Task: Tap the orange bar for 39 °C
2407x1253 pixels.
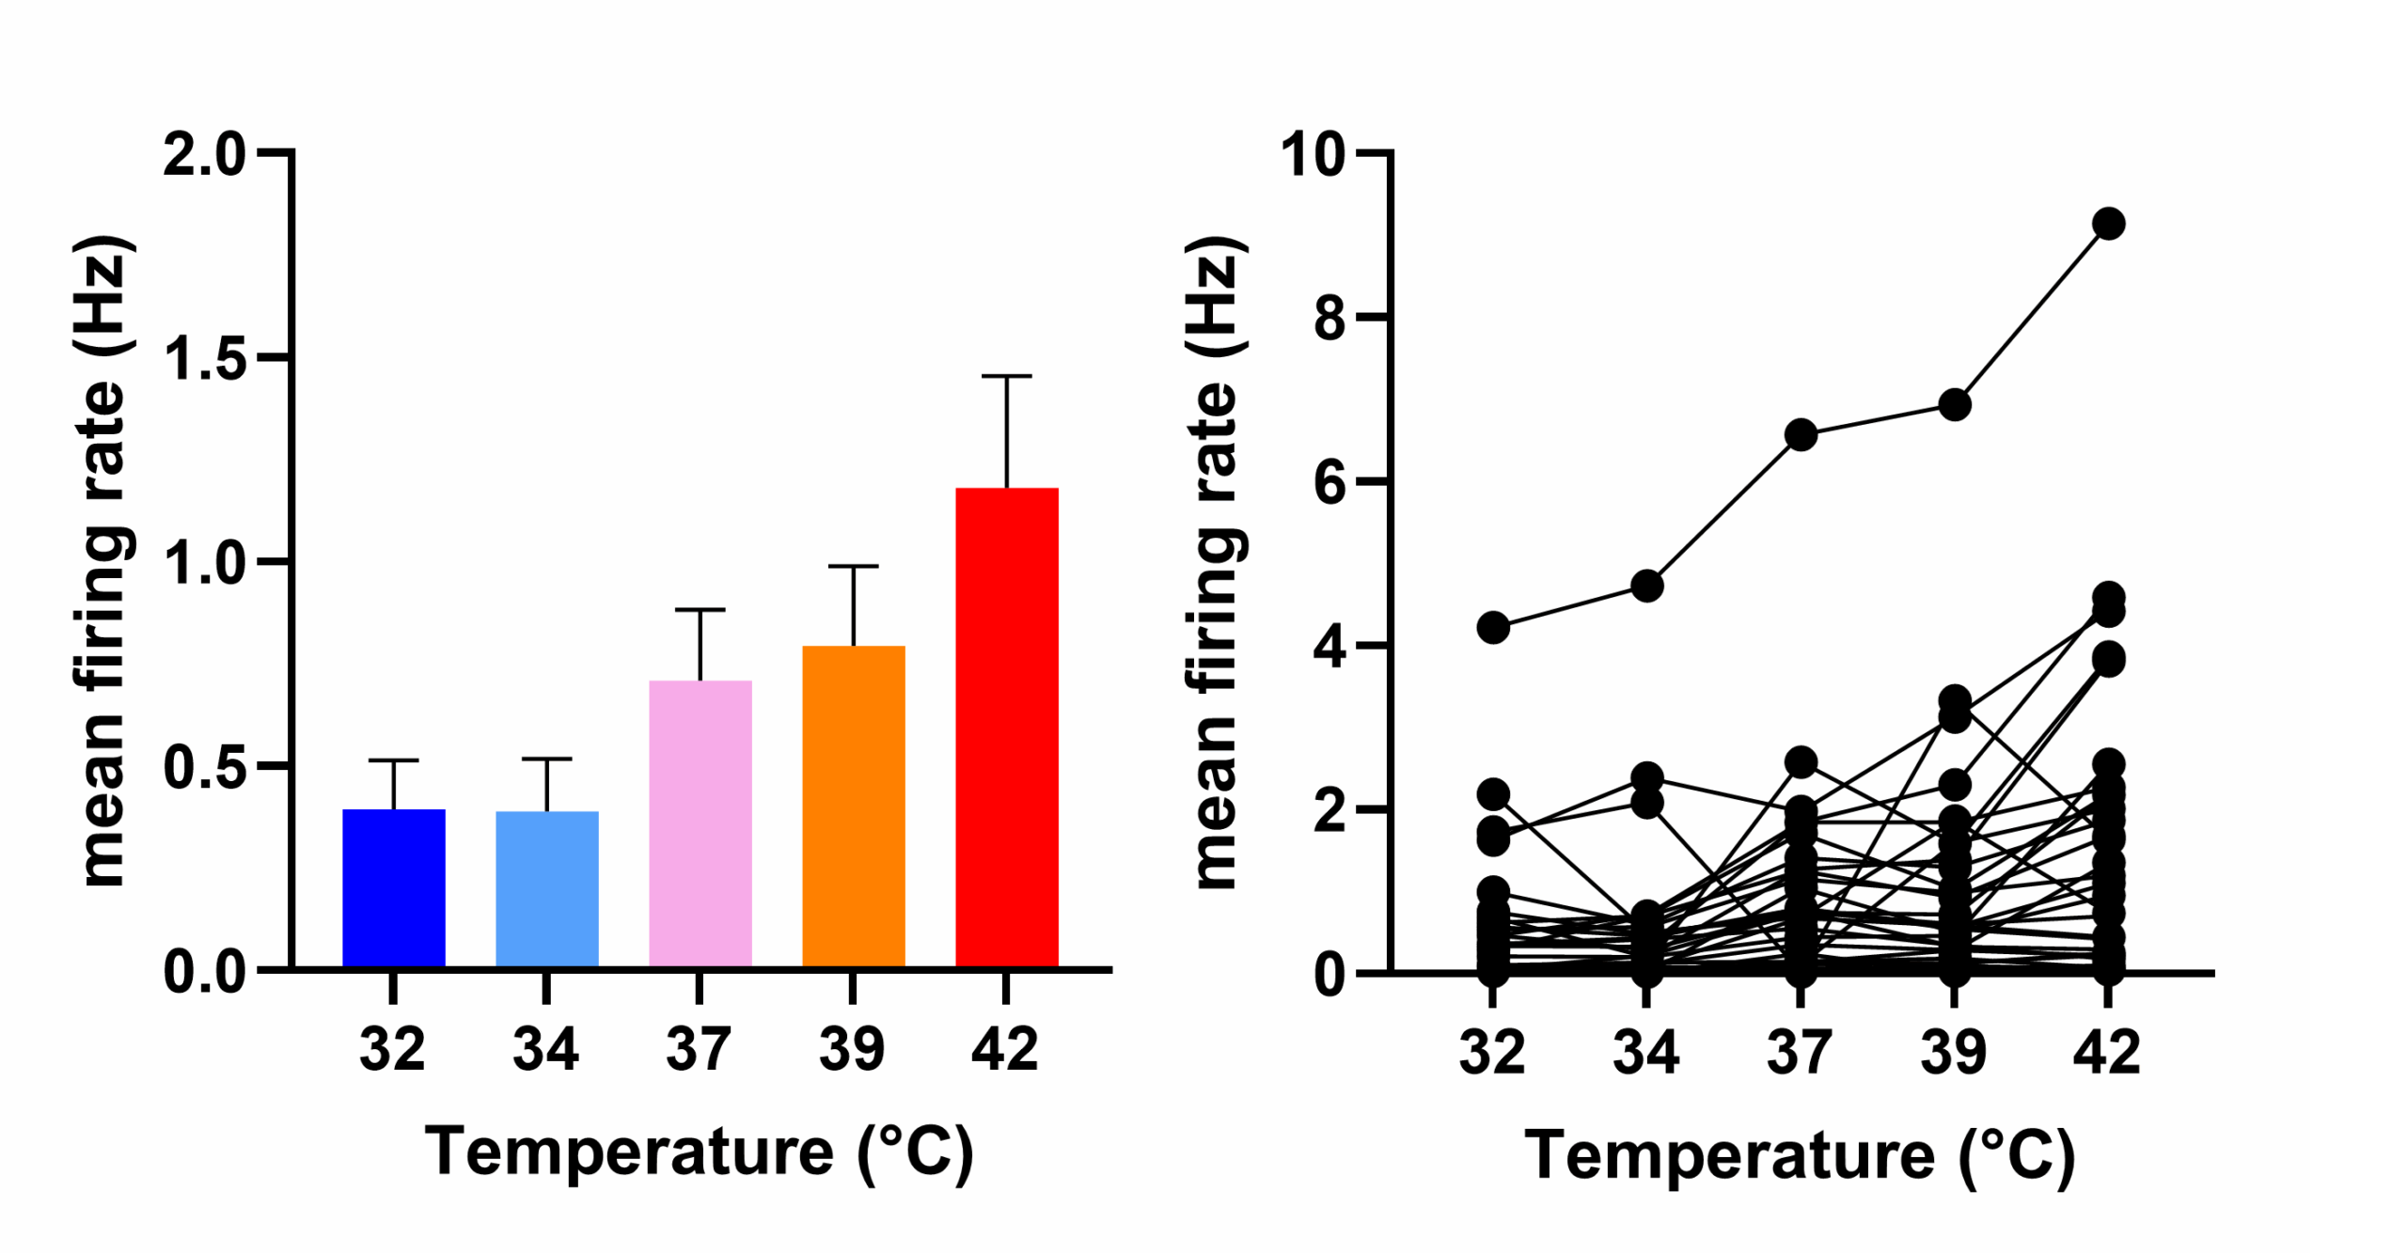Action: [853, 806]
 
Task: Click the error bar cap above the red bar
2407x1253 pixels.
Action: [1006, 376]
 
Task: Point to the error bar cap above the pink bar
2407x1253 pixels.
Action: [700, 609]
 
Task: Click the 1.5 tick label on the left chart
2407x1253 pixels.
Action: [204, 358]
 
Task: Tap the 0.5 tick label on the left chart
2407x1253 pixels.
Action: [204, 767]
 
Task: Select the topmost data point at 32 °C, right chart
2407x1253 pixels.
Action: [1492, 627]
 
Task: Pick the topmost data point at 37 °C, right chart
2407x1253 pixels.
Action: [1800, 435]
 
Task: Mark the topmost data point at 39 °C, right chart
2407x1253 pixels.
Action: [1954, 405]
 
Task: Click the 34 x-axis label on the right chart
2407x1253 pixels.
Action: [1645, 1052]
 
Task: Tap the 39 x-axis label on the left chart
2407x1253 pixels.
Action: [852, 1049]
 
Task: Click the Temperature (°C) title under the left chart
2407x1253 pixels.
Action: [699, 1152]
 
